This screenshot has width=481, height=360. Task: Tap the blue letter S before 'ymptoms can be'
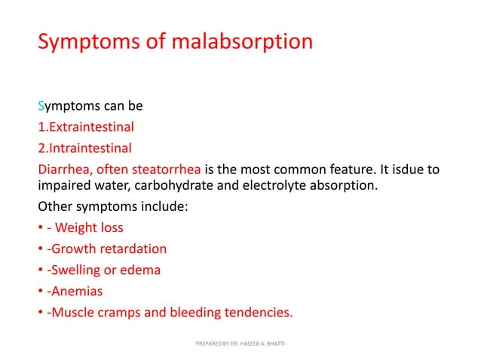click(41, 106)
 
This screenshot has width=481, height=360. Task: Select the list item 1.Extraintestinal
click(86, 127)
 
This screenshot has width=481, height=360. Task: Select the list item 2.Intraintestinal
click(84, 148)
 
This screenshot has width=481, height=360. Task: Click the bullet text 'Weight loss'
click(90, 228)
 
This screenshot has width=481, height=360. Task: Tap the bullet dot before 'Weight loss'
click(41, 228)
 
